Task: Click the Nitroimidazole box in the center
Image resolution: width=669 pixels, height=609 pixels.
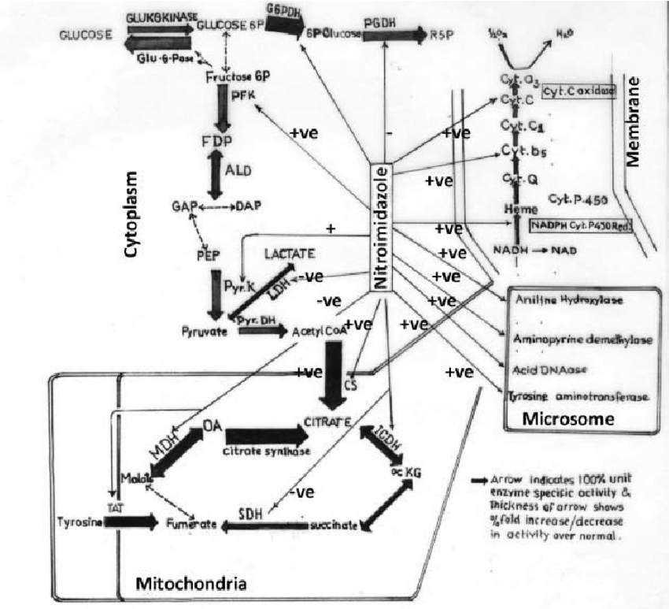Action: pos(380,229)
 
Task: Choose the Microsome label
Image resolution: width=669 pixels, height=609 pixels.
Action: pos(567,420)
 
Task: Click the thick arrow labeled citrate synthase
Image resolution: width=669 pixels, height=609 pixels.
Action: pos(265,435)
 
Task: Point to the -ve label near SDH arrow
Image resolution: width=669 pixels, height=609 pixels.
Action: pos(303,492)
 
